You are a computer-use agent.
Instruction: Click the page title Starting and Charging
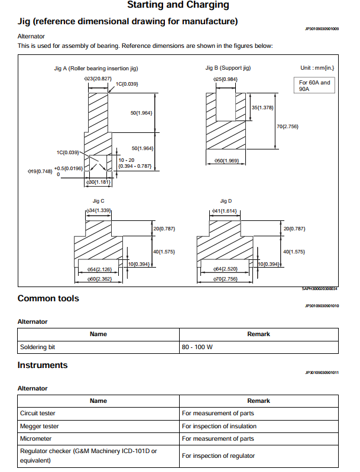tap(179, 5)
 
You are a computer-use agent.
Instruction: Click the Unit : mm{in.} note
tap(319, 69)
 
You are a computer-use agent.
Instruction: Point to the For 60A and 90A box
tap(314, 86)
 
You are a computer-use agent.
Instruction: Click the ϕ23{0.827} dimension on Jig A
tap(98, 78)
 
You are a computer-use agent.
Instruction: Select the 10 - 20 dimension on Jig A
tap(127, 160)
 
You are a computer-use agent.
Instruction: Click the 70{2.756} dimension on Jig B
tap(288, 126)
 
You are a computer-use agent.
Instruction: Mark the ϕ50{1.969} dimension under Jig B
tap(225, 161)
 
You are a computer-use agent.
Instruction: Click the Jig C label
tap(98, 201)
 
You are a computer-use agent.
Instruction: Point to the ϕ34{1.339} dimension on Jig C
tap(99, 210)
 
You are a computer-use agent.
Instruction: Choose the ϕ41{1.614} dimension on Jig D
tap(224, 210)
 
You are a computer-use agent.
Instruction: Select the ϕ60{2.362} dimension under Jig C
tap(99, 278)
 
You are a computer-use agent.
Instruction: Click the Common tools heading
tap(48, 298)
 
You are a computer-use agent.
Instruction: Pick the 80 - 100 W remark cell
tap(197, 347)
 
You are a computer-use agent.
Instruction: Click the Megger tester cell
tap(40, 426)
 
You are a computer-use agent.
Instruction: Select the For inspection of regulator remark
tap(218, 455)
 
